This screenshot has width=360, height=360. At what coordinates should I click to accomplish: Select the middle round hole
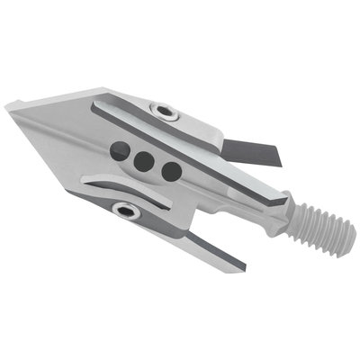142,161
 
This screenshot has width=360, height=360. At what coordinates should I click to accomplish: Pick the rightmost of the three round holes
168,171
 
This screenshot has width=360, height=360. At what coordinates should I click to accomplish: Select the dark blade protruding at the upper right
256,150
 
